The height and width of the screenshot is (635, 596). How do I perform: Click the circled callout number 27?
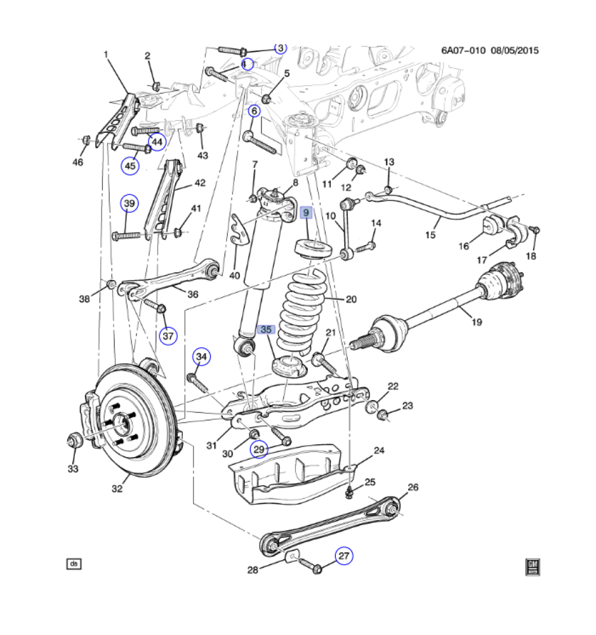343,556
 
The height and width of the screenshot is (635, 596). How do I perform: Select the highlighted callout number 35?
266,330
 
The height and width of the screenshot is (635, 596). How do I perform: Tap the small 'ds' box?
74,563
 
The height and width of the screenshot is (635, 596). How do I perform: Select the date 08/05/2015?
515,50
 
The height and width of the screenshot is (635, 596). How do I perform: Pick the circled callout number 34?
201,358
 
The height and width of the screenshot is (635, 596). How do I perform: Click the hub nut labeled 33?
74,439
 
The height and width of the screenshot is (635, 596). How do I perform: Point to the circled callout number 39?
129,203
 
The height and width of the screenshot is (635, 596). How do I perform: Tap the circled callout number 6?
254,112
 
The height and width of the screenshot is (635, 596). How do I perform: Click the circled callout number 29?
259,450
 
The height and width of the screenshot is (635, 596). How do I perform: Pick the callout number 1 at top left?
107,55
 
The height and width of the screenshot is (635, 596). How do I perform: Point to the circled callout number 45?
130,166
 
